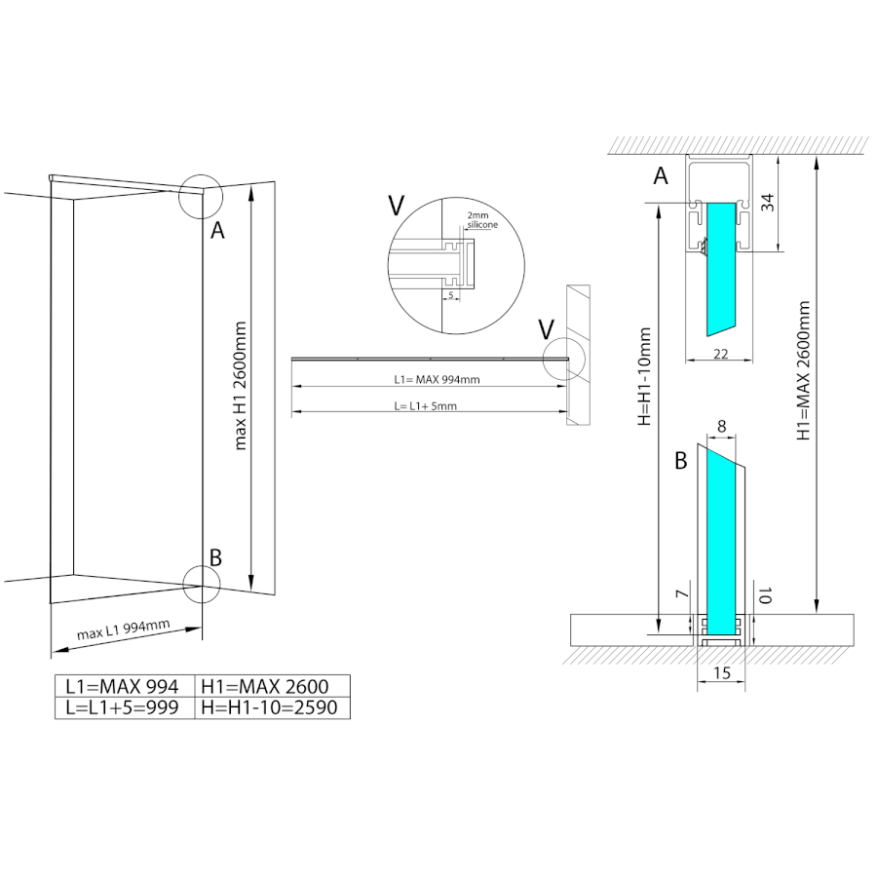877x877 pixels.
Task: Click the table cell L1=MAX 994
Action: (x=124, y=686)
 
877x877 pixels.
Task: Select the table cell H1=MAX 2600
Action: (x=272, y=686)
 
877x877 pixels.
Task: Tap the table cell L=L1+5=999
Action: (x=124, y=707)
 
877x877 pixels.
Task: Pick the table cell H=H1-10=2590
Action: (x=272, y=707)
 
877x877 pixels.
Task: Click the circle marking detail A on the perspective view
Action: (x=201, y=196)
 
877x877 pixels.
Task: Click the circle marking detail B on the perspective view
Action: (x=202, y=584)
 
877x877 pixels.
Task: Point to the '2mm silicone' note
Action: (x=481, y=220)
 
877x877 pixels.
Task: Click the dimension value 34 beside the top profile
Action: (x=769, y=202)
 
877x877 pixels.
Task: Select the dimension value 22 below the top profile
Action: (x=721, y=354)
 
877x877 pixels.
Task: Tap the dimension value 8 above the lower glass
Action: (x=721, y=426)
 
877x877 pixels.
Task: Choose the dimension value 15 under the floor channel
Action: (x=722, y=672)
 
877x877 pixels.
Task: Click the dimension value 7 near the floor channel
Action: (x=682, y=593)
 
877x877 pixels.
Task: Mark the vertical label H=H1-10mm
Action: (x=644, y=376)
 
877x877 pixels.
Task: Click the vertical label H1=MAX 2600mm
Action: (x=803, y=370)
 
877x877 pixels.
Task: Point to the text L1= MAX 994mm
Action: (x=437, y=379)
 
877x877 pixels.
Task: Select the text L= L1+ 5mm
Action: (x=425, y=406)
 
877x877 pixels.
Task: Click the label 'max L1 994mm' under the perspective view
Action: (x=123, y=629)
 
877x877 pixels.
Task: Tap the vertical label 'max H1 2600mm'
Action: (x=240, y=386)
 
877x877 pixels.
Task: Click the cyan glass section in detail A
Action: (x=721, y=269)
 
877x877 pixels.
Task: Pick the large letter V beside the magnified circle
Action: (x=396, y=206)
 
